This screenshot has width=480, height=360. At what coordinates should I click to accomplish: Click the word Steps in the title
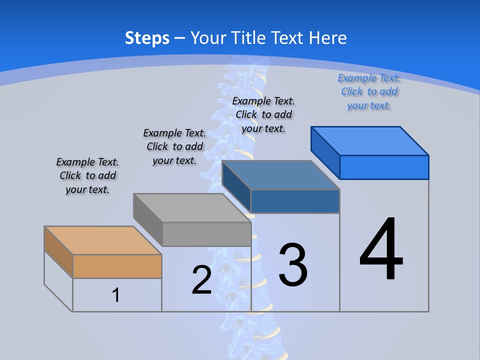tap(147, 38)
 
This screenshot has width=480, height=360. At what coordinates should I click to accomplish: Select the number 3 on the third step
tap(293, 265)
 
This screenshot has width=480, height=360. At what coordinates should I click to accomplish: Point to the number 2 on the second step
tap(201, 280)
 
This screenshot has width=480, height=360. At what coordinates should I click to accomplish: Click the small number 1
tap(115, 295)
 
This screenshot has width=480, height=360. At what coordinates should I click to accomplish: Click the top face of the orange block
tap(102, 240)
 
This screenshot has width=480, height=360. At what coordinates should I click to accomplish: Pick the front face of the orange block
tap(117, 266)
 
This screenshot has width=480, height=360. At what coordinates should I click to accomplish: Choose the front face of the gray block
tap(206, 234)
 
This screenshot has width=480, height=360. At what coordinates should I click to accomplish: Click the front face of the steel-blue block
tap(295, 201)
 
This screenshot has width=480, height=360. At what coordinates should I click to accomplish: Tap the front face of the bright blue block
tap(384, 167)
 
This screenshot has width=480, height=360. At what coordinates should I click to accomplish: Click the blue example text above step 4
tap(369, 92)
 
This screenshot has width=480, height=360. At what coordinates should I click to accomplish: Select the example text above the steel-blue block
tap(263, 114)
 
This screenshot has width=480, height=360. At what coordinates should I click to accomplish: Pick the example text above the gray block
tap(174, 146)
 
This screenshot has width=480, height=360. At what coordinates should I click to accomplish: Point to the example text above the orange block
tap(87, 175)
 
